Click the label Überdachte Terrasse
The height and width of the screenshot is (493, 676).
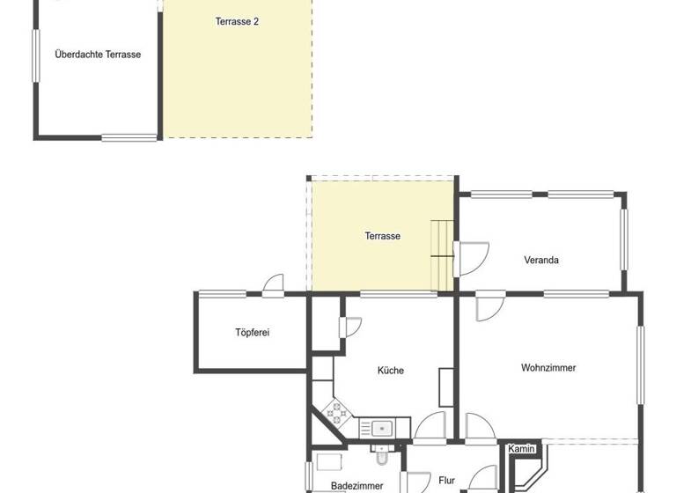tap(98, 55)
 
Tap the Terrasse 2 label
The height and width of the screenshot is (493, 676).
tap(237, 21)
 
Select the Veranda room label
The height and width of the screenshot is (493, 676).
tap(541, 260)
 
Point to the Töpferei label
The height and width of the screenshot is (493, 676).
tap(252, 333)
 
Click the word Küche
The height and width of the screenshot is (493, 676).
tap(391, 371)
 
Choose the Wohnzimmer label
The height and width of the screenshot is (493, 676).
tap(548, 368)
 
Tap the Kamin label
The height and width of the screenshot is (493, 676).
tap(522, 449)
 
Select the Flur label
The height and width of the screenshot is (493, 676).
tap(446, 481)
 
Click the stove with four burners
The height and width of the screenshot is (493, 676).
tap(336, 410)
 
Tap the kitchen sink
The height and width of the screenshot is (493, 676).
tap(382, 429)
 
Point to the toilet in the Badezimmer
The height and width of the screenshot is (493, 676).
tap(382, 456)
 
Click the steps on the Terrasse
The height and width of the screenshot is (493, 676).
tap(441, 251)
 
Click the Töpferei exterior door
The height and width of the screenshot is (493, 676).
tap(273, 286)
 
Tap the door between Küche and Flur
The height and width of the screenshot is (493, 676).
tap(430, 426)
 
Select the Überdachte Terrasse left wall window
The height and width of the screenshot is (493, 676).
tap(36, 56)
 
